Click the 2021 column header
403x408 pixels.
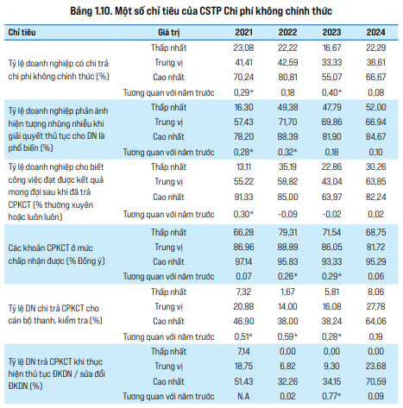pos(243,32)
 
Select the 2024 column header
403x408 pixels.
pos(375,32)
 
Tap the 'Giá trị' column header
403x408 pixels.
pos(169,33)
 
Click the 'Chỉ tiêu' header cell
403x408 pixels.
pos(22,32)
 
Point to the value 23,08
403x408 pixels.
pos(243,47)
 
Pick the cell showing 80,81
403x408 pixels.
pos(287,77)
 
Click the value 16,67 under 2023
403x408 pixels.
pos(331,47)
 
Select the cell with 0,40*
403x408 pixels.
pos(331,92)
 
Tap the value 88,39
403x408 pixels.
pos(287,136)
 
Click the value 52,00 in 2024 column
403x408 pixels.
pos(375,107)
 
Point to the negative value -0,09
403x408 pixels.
pos(287,214)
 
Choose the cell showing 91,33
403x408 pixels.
pos(243,197)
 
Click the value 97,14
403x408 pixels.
pos(243,261)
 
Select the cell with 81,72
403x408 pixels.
pos(375,247)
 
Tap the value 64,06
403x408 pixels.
pos(375,321)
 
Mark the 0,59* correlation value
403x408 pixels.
pos(287,336)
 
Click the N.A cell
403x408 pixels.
pos(243,396)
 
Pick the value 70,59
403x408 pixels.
pos(375,381)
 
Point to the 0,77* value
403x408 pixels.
pos(331,396)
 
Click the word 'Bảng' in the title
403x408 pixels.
pos(81,11)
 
